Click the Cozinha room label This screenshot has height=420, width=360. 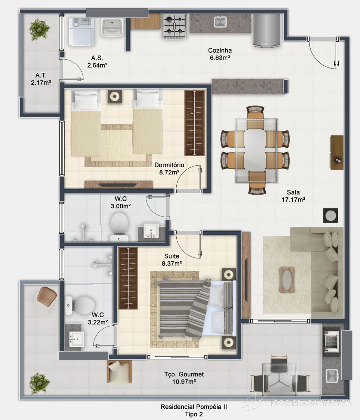point(220,50)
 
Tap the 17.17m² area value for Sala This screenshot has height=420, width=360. point(293,200)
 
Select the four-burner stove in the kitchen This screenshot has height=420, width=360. point(175,26)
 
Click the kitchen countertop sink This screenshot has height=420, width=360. point(220,22)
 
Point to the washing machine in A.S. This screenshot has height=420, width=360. point(82,32)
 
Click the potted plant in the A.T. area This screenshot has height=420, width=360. point(39,29)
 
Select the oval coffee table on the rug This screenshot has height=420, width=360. point(287,280)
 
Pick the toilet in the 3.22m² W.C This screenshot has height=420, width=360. point(80,305)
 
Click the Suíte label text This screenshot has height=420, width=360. point(172,256)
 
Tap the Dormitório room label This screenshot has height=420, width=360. point(169,165)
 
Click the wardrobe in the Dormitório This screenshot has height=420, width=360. point(194,123)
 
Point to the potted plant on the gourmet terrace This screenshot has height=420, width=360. point(39,383)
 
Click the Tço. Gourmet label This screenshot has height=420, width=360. point(184,374)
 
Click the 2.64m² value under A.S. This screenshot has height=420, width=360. point(97,66)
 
